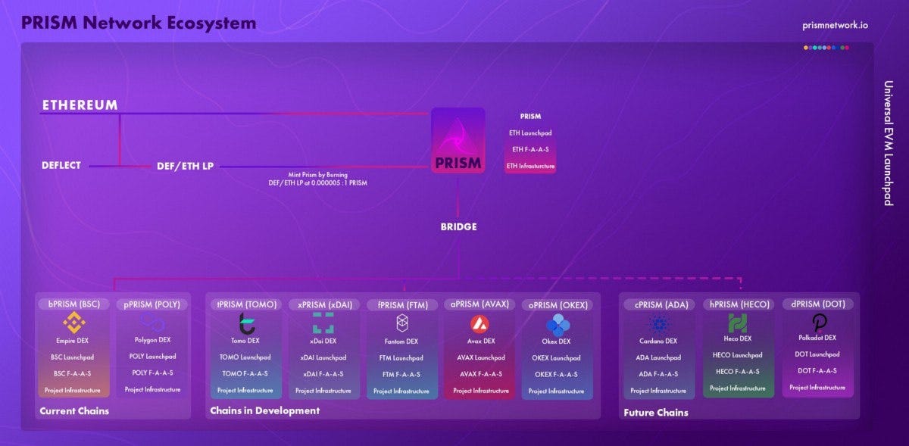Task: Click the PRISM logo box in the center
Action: (x=458, y=140)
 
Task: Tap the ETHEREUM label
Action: (x=80, y=105)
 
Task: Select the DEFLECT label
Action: (x=61, y=165)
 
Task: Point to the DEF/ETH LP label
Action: (x=186, y=166)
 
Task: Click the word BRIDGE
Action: (x=459, y=226)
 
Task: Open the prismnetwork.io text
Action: (x=835, y=25)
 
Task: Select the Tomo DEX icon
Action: (x=247, y=323)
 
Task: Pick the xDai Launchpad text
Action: (x=323, y=357)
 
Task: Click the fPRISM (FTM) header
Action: (x=402, y=305)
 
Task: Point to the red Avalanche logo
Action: (x=479, y=324)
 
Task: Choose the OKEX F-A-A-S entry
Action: (x=556, y=374)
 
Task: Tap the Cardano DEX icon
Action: (x=658, y=324)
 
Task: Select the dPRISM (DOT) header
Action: (x=817, y=304)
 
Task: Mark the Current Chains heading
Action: (x=74, y=411)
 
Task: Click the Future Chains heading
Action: (x=656, y=413)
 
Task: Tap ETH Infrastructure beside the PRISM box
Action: (x=530, y=166)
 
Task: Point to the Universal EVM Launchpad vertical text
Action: (x=888, y=143)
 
